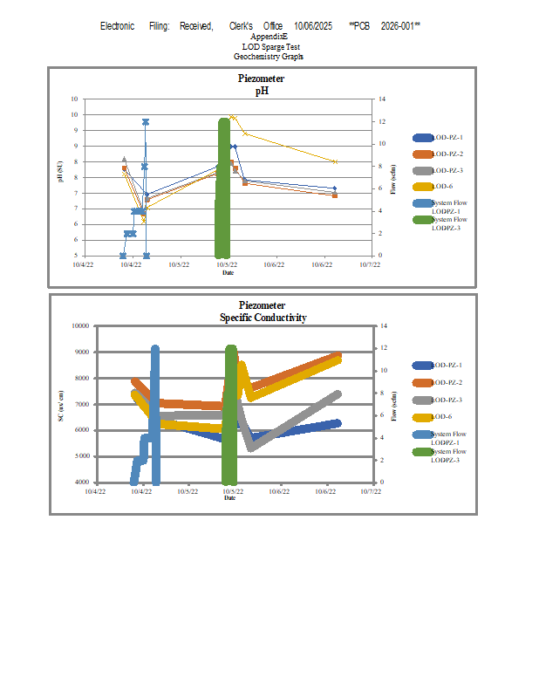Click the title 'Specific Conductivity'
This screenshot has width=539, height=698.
(x=263, y=318)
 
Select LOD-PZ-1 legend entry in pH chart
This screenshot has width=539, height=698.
(x=447, y=138)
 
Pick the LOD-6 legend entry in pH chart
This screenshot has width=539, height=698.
(x=442, y=187)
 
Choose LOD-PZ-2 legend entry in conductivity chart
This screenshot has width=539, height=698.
(x=447, y=383)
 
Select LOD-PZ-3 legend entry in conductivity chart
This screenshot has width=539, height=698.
(x=447, y=400)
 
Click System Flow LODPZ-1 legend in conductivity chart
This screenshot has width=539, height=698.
(x=447, y=438)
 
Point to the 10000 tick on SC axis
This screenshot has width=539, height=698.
(x=79, y=325)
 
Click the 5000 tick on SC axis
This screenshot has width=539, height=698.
(x=81, y=456)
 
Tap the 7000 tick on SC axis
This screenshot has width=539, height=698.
(x=81, y=404)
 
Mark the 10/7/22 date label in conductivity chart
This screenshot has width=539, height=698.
(x=369, y=491)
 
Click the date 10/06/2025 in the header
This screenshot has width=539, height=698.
(x=313, y=27)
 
